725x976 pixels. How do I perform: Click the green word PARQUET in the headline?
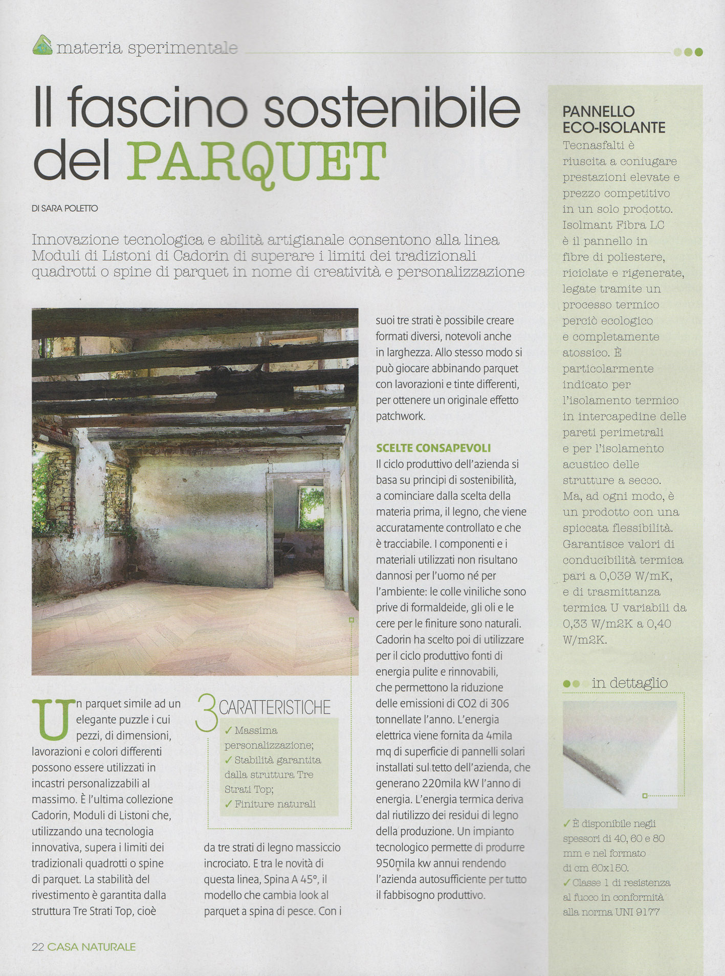(x=256, y=160)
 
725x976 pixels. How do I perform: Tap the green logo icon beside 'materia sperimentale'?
(x=42, y=46)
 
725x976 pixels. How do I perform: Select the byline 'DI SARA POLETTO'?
(x=64, y=209)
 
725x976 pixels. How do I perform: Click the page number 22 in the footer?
(x=38, y=947)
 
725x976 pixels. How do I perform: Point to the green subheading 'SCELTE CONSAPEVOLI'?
(x=433, y=448)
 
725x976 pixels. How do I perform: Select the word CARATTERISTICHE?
(x=275, y=707)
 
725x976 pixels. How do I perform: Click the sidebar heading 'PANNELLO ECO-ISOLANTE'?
(x=613, y=120)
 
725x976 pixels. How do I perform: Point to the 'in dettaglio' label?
(x=629, y=683)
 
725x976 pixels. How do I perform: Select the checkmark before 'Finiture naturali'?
(x=229, y=804)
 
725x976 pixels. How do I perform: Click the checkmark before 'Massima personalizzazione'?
(x=229, y=731)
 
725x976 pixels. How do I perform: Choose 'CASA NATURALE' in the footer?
(x=92, y=947)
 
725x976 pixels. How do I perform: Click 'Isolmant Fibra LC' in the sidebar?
(x=613, y=225)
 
